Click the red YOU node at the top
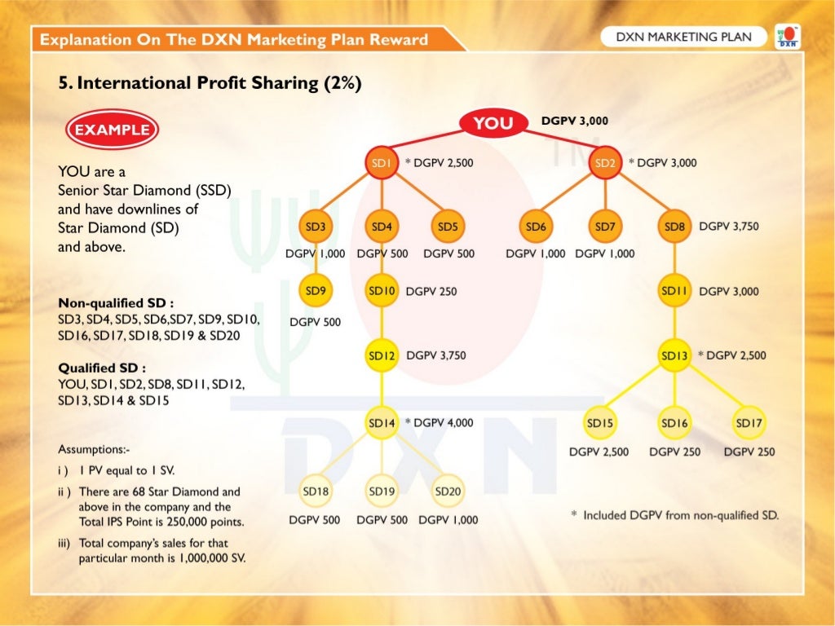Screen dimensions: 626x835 (x=493, y=123)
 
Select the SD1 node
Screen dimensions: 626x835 (x=382, y=163)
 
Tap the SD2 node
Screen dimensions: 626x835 (x=605, y=163)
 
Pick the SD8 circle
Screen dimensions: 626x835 (x=674, y=227)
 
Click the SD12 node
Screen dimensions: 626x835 (x=382, y=355)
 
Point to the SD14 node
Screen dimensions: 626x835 (x=382, y=423)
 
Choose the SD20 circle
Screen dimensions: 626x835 (x=448, y=492)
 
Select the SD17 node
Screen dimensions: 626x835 (x=749, y=423)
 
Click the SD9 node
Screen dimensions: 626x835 (x=316, y=290)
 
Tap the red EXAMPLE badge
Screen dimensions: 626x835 (x=112, y=130)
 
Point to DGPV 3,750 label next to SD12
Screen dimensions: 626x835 (x=436, y=355)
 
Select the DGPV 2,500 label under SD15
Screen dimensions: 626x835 (x=599, y=452)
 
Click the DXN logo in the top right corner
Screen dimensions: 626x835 (x=788, y=37)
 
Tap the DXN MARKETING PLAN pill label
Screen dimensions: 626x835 (x=683, y=37)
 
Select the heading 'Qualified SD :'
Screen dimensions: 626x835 (x=102, y=368)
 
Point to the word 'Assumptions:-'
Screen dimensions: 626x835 (x=94, y=449)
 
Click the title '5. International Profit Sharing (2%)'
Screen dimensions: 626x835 (x=210, y=83)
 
